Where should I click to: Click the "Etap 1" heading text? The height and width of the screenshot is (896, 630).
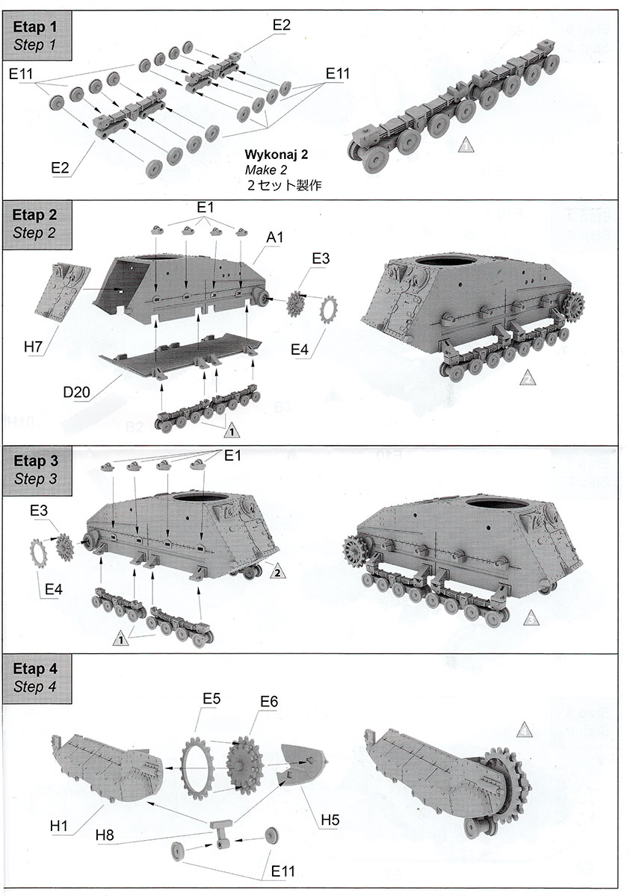point(34,26)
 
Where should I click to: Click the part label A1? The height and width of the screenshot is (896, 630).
point(275,237)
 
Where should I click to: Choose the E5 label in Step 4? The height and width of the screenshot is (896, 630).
point(213,700)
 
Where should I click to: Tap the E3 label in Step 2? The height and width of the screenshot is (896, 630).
point(320,258)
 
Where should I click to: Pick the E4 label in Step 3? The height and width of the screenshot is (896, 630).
point(53,590)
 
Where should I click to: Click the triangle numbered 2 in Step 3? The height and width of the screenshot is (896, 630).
point(277,572)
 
